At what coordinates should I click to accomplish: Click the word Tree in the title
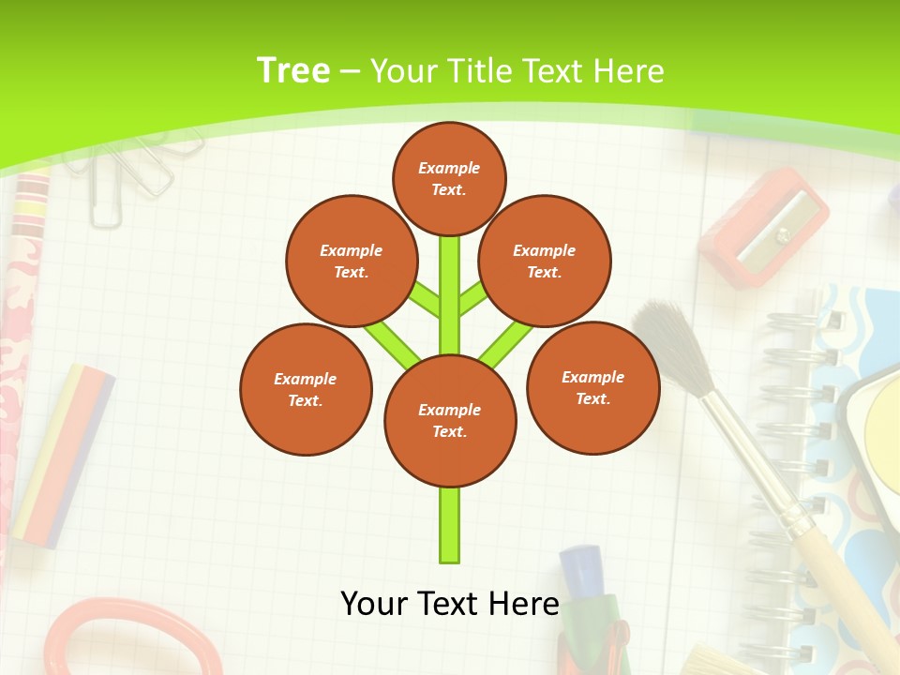pos(293,71)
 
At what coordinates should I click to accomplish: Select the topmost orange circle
pos(449,178)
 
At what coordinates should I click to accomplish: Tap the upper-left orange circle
pos(351,261)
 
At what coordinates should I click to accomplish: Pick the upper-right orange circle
pos(544,261)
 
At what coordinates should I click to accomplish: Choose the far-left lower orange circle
pos(306,389)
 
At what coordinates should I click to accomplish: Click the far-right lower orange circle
pos(592,387)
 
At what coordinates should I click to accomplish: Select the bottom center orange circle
pos(450,421)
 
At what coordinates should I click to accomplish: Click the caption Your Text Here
pos(450,604)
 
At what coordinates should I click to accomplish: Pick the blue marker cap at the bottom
pos(579,572)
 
